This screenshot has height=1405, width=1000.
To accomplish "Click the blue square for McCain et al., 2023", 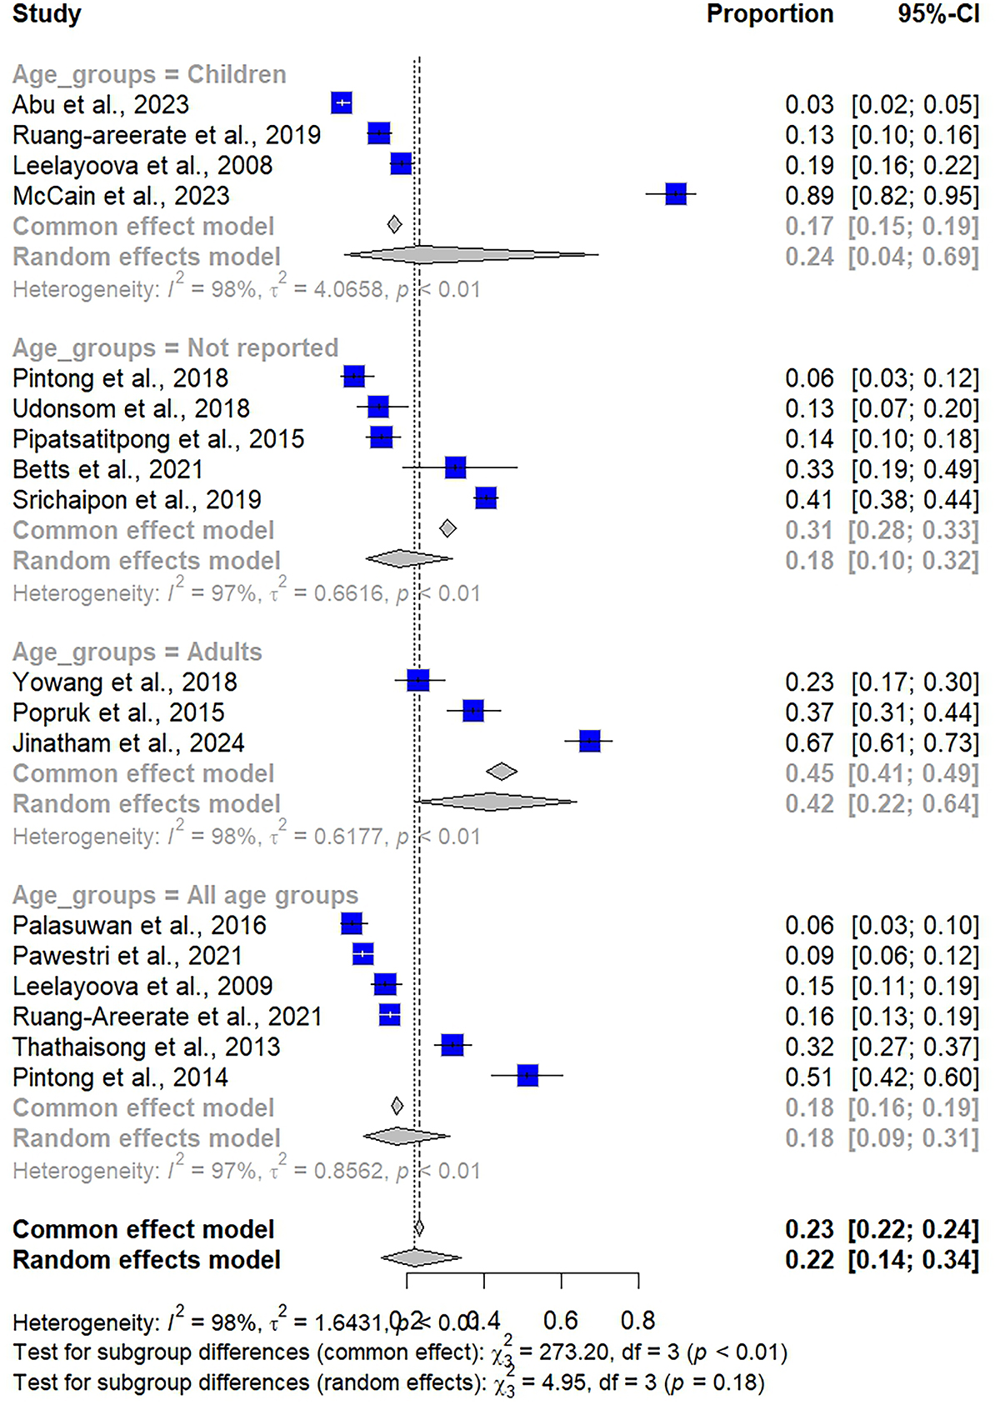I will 676,195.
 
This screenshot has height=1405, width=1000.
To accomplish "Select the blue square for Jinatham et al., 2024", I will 589,741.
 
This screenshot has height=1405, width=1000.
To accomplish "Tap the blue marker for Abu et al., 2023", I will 342,103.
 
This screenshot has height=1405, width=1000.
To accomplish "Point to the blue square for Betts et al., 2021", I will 455,467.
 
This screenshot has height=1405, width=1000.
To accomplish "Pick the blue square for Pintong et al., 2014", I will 527,1076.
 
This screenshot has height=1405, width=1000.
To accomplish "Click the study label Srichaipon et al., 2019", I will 137,500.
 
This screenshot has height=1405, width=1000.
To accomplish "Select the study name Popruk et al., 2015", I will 118,712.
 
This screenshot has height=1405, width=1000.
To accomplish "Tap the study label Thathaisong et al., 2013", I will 147,1047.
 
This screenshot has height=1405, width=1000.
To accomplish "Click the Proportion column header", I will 770,14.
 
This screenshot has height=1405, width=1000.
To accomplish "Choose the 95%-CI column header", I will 938,14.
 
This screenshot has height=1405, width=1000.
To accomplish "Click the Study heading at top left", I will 47,14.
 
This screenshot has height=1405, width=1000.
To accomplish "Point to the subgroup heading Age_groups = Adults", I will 137,652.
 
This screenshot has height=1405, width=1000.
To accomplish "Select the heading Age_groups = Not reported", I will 176,347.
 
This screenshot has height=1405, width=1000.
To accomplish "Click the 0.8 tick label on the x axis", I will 638,1320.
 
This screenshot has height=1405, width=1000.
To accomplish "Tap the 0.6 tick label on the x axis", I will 561,1320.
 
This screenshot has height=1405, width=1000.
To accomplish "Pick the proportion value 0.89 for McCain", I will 809,196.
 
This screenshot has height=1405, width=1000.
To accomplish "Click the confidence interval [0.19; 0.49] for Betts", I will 915,469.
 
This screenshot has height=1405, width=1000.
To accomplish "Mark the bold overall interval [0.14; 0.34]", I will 913,1260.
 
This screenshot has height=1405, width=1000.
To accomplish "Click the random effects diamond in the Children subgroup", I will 471,255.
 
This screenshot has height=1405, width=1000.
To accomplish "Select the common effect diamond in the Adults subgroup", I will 501,772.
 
